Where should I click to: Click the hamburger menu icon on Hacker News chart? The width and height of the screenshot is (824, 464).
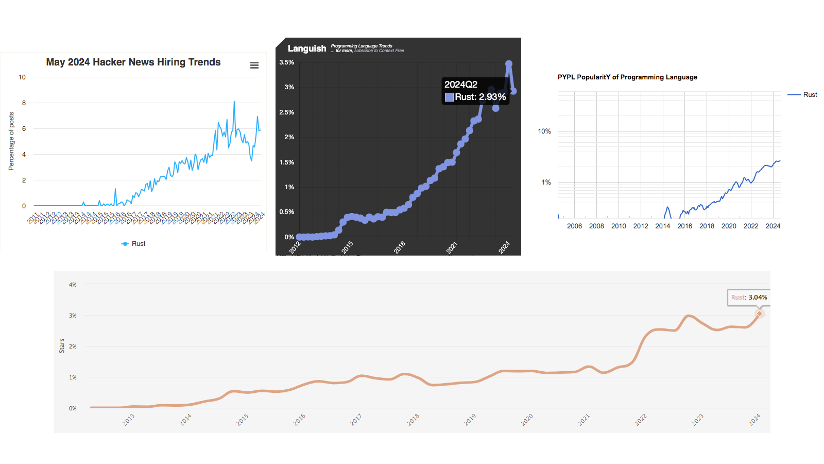pos(254,65)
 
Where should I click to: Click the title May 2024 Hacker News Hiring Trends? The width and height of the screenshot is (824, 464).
pos(133,62)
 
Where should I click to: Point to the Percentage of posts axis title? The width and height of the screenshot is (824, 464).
pos(11,141)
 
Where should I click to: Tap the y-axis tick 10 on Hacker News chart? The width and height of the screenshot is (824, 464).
pos(22,77)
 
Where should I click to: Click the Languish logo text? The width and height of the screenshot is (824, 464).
pos(307,48)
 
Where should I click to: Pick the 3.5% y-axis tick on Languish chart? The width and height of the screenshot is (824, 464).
pos(286,62)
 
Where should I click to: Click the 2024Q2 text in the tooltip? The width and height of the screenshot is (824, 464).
pos(461,85)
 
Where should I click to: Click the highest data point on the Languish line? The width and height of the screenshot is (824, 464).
pos(509,64)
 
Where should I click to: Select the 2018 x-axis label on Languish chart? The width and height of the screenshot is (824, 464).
pos(400,247)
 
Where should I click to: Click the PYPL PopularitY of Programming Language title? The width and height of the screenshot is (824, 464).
pos(627,77)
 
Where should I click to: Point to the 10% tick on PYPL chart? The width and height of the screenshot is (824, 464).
pos(544,131)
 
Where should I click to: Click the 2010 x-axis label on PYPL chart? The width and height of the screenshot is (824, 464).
pos(619,226)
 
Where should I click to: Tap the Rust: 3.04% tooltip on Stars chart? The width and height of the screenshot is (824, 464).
pos(749,297)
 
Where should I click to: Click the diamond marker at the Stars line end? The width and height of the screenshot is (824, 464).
pos(759,313)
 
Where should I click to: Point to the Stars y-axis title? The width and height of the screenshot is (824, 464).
pos(62,346)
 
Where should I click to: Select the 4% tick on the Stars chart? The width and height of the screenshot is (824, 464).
pos(73,285)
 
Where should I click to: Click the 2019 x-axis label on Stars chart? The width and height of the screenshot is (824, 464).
pos(470,420)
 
